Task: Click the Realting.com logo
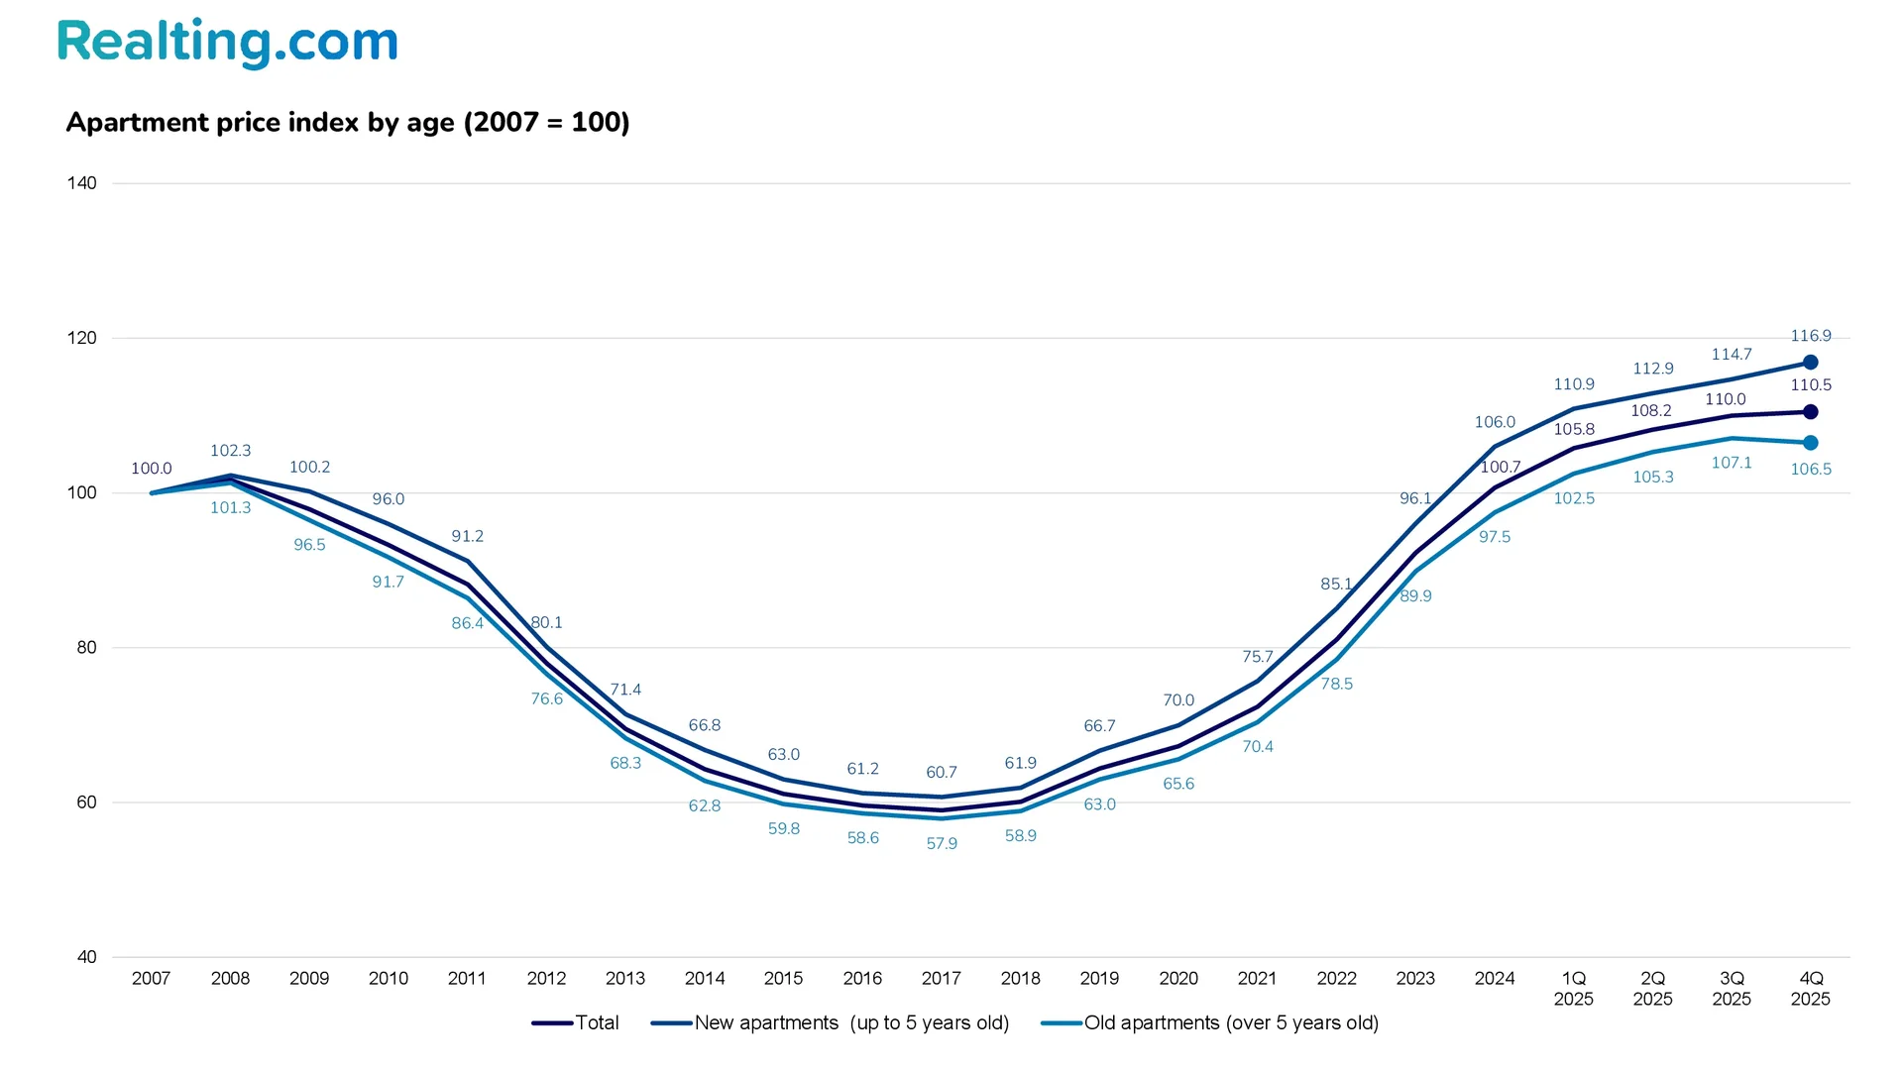pos(227,43)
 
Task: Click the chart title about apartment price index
pos(348,123)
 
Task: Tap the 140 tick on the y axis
pos(82,183)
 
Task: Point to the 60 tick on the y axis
pos(86,802)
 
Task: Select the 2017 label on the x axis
pos(941,979)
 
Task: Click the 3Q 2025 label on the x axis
pos(1732,989)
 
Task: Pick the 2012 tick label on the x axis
pos(546,979)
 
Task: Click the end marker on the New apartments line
pos(1810,363)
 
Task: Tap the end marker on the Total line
pos(1810,412)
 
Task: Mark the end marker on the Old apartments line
pos(1810,443)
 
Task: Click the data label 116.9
pos(1810,337)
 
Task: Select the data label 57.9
pos(942,844)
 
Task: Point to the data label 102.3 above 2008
pos(230,451)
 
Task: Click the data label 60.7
pos(942,773)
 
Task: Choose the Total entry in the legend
pos(576,1023)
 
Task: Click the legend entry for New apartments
pos(831,1023)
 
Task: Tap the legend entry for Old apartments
pos(1210,1023)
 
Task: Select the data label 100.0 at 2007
pos(152,469)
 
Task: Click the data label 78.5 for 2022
pos(1336,685)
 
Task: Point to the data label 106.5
pos(1810,470)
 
